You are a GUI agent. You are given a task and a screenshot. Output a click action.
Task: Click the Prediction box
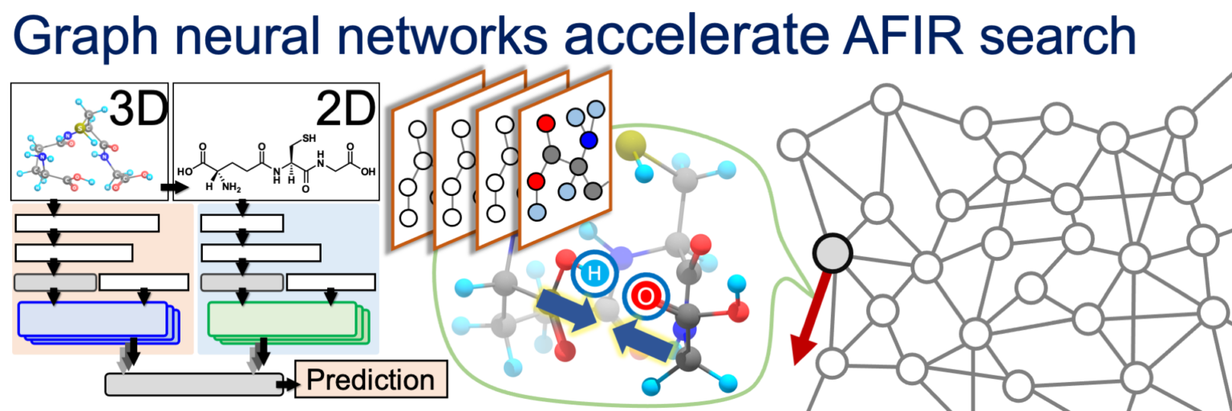coord(370,380)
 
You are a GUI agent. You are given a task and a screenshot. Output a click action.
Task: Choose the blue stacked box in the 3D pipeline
coord(97,320)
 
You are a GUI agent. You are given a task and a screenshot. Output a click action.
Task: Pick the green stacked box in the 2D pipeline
coord(282,320)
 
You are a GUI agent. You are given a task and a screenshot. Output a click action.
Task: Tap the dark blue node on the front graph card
coord(589,140)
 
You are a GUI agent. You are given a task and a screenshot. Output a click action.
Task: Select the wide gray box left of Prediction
coord(193,384)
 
